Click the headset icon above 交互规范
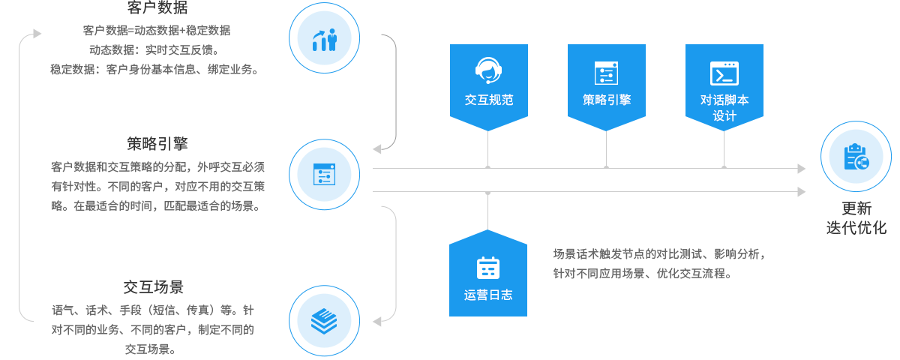[488, 70]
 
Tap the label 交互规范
[488, 100]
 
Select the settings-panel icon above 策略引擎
[606, 73]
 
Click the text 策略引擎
[606, 100]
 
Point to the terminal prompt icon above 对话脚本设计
[724, 73]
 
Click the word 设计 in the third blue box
[724, 115]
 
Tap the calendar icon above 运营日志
[487, 268]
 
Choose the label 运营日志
[487, 295]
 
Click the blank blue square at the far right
[856, 156]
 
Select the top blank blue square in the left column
[324, 38]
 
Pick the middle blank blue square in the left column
[324, 174]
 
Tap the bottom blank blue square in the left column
[324, 320]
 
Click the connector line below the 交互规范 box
[487, 148]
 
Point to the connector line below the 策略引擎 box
[606, 148]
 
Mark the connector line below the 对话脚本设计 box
[724, 148]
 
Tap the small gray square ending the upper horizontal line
[802, 168]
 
